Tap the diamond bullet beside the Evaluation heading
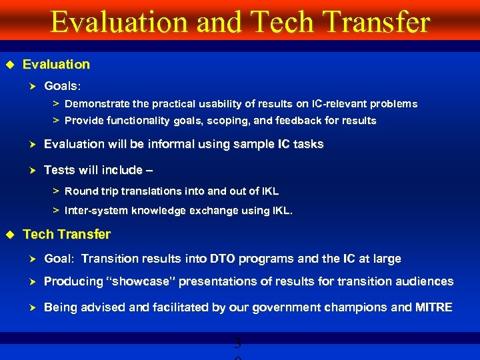tap(10, 65)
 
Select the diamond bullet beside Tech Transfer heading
tap(10, 235)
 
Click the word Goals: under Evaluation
tap(63, 86)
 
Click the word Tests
tap(59, 170)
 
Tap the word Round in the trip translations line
tap(81, 191)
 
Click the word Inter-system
tap(93, 211)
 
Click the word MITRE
tap(434, 307)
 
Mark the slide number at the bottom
tap(239, 346)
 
